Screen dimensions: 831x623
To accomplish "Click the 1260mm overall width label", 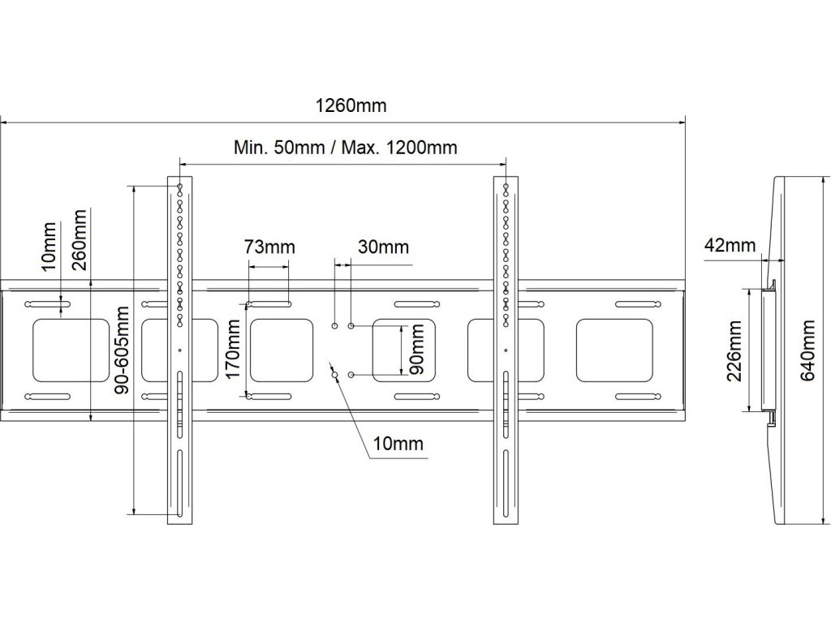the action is click(351, 105).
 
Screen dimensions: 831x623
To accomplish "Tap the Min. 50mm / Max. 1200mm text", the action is click(346, 148).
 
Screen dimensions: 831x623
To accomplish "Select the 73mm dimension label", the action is click(269, 247).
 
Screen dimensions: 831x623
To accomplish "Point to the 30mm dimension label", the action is click(383, 247).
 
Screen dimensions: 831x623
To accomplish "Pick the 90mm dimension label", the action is click(417, 350).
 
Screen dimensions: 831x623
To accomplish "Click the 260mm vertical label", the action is click(80, 240).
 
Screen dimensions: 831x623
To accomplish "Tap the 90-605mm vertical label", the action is click(122, 350).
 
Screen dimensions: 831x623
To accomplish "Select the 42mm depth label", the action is click(730, 245).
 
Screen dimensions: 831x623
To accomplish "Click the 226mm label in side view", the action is click(734, 350).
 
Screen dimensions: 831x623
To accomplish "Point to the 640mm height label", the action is click(807, 350).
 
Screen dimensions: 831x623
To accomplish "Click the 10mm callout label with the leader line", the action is click(398, 444).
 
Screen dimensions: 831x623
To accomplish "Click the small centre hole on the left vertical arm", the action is click(179, 350).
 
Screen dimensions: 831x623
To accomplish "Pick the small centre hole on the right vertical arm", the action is click(506, 350).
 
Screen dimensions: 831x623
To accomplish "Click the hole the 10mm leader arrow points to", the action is click(334, 375).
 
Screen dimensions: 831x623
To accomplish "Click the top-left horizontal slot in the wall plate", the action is click(48, 304).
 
